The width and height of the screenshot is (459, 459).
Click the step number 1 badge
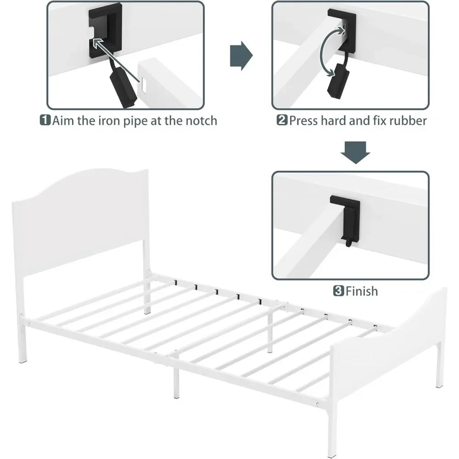[x=45, y=120]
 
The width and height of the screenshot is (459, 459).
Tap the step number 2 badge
[x=282, y=120]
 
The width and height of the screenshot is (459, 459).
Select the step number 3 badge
[x=339, y=291]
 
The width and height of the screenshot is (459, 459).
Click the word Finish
[x=362, y=291]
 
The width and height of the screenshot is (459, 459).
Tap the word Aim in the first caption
[x=63, y=121]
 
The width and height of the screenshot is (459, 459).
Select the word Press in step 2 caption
[x=303, y=121]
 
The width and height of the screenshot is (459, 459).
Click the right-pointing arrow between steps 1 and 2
[x=241, y=56]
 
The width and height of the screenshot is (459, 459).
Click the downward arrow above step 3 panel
[x=355, y=152]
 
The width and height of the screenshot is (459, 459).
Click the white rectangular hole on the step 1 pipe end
[x=143, y=85]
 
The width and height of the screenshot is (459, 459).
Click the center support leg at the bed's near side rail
[x=176, y=379]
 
